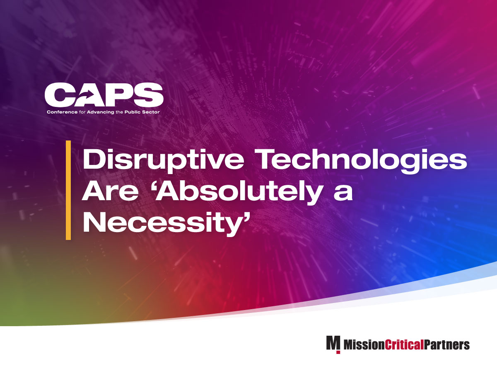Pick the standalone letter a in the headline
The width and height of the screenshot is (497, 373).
point(342,194)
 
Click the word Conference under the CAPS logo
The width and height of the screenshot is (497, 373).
point(60,112)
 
